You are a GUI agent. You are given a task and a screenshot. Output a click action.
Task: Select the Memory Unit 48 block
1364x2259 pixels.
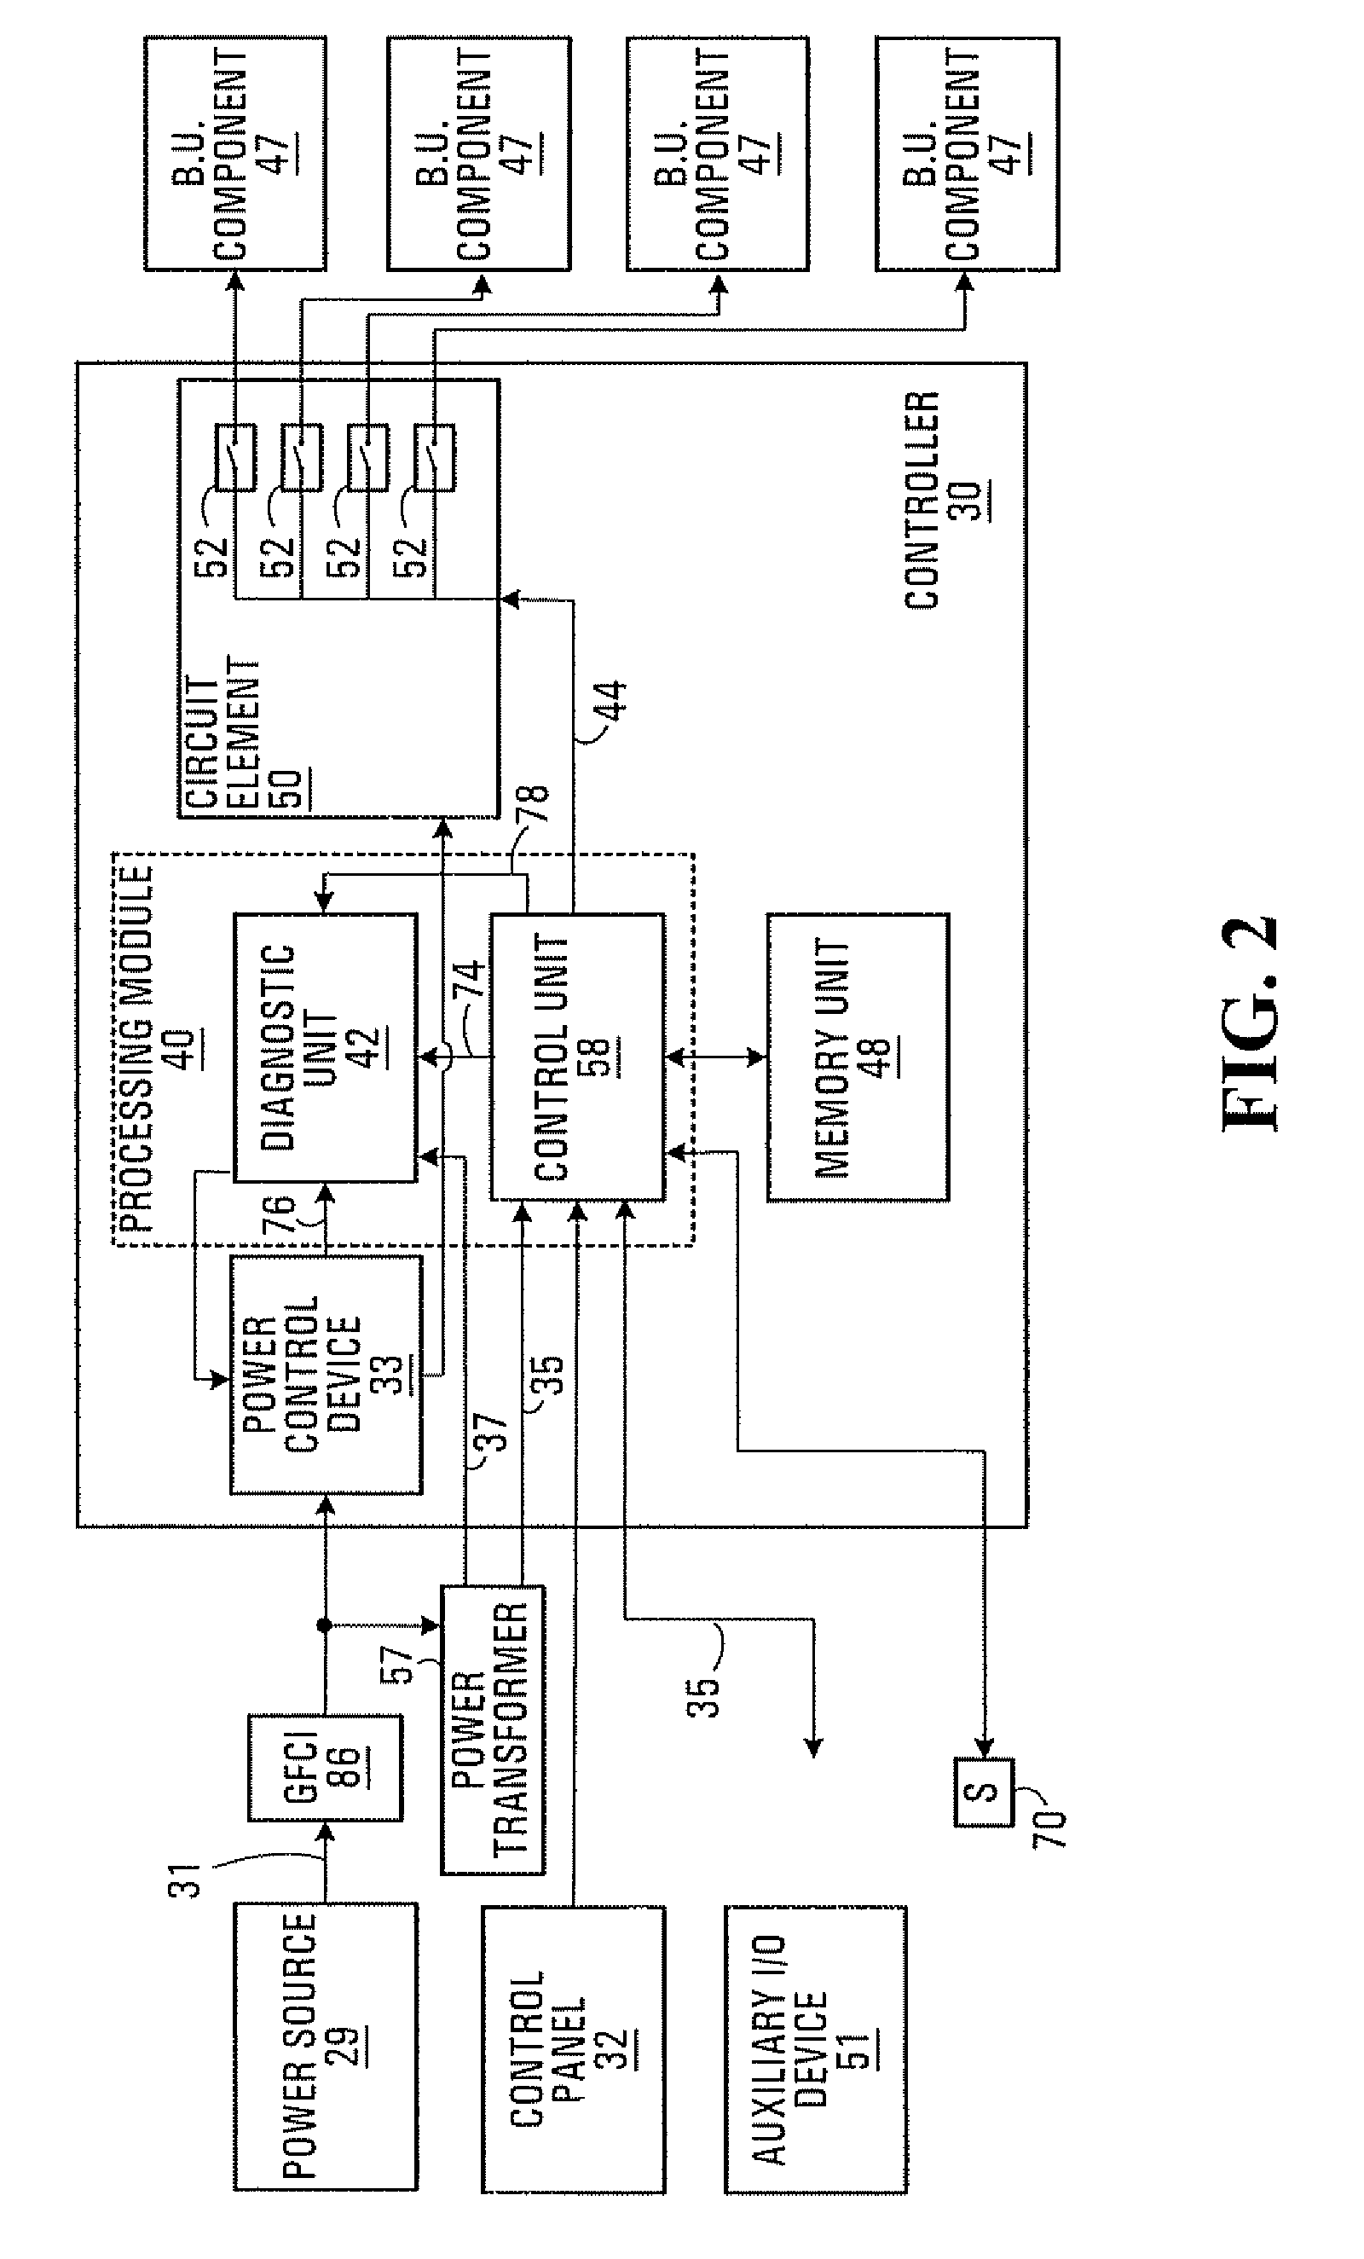[x=857, y=1057]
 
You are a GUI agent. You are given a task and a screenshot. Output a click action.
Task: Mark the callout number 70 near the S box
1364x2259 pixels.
[x=1051, y=1828]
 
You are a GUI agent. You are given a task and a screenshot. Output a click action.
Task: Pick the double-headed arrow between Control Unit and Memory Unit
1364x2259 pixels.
[x=715, y=1057]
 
